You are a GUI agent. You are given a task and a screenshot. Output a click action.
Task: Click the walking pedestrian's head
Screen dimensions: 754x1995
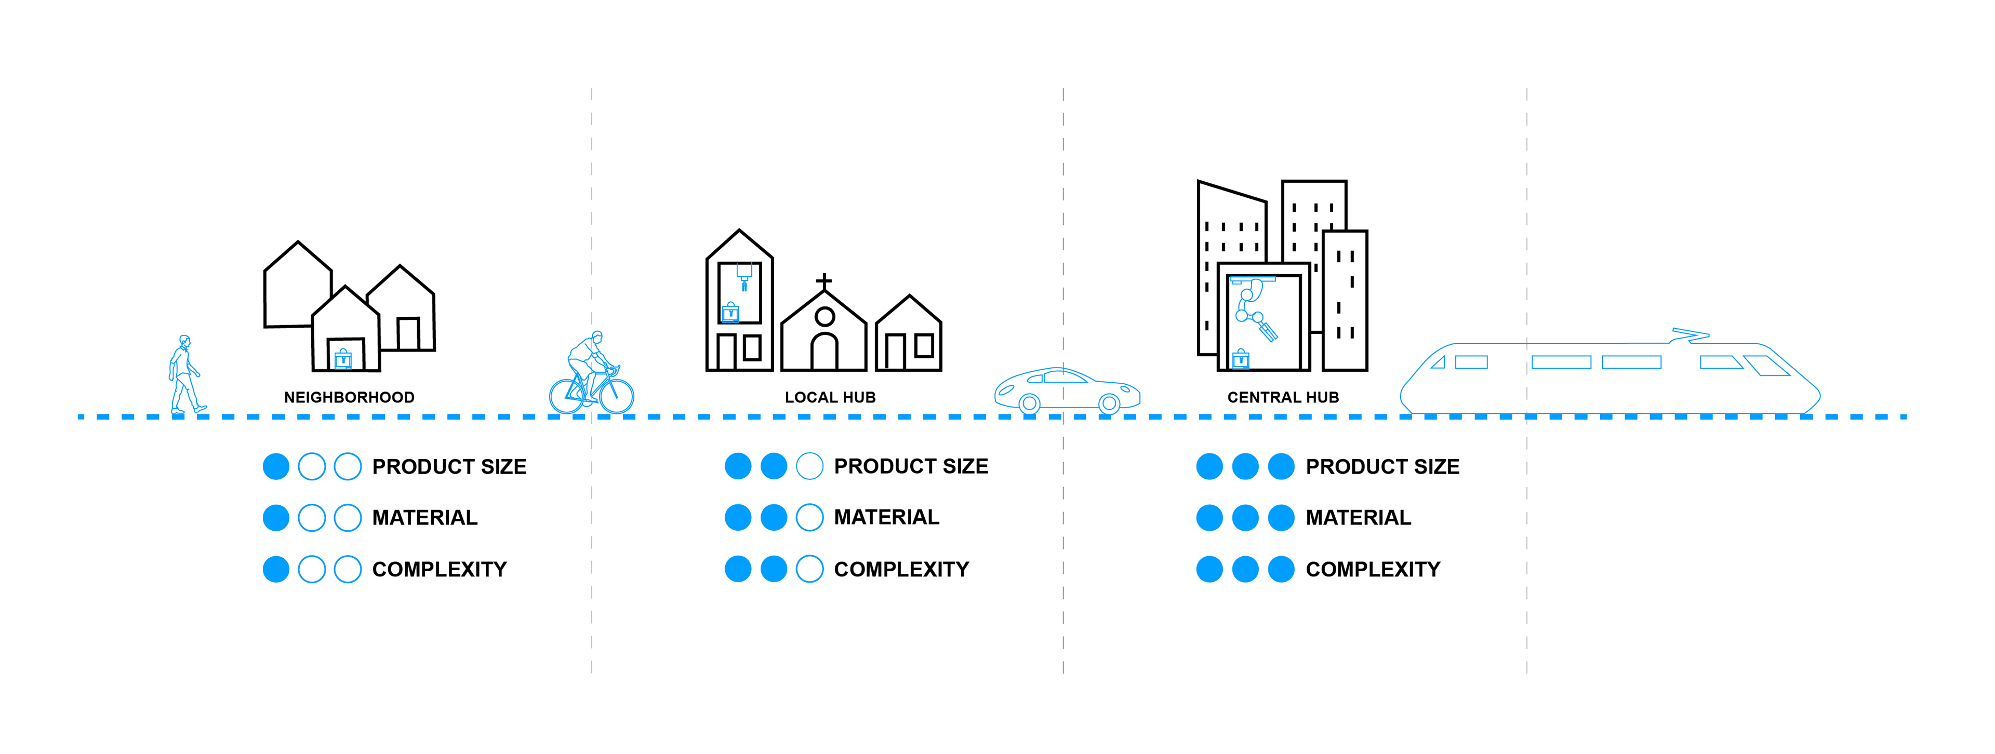[184, 341]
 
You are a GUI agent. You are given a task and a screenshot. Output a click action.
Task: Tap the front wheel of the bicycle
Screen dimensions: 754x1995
[617, 396]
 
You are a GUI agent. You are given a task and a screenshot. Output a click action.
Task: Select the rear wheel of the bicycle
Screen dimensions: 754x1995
[567, 396]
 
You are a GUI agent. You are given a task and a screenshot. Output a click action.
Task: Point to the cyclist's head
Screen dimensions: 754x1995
[596, 336]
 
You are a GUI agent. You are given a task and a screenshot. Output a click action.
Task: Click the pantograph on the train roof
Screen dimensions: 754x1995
[1689, 335]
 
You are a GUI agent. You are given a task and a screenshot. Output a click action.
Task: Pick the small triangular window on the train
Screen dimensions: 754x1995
[1438, 362]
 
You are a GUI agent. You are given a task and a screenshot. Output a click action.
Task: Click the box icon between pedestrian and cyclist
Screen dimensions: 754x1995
[343, 359]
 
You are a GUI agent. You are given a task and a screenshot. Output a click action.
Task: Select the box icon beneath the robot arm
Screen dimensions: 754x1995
[1241, 359]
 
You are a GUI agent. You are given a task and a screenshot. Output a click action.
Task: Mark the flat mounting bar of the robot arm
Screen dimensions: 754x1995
[1252, 279]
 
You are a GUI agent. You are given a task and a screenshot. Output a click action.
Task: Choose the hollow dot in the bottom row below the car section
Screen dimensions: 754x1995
[809, 569]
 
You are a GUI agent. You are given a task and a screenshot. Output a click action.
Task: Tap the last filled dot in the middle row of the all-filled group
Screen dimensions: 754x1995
[1281, 518]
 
